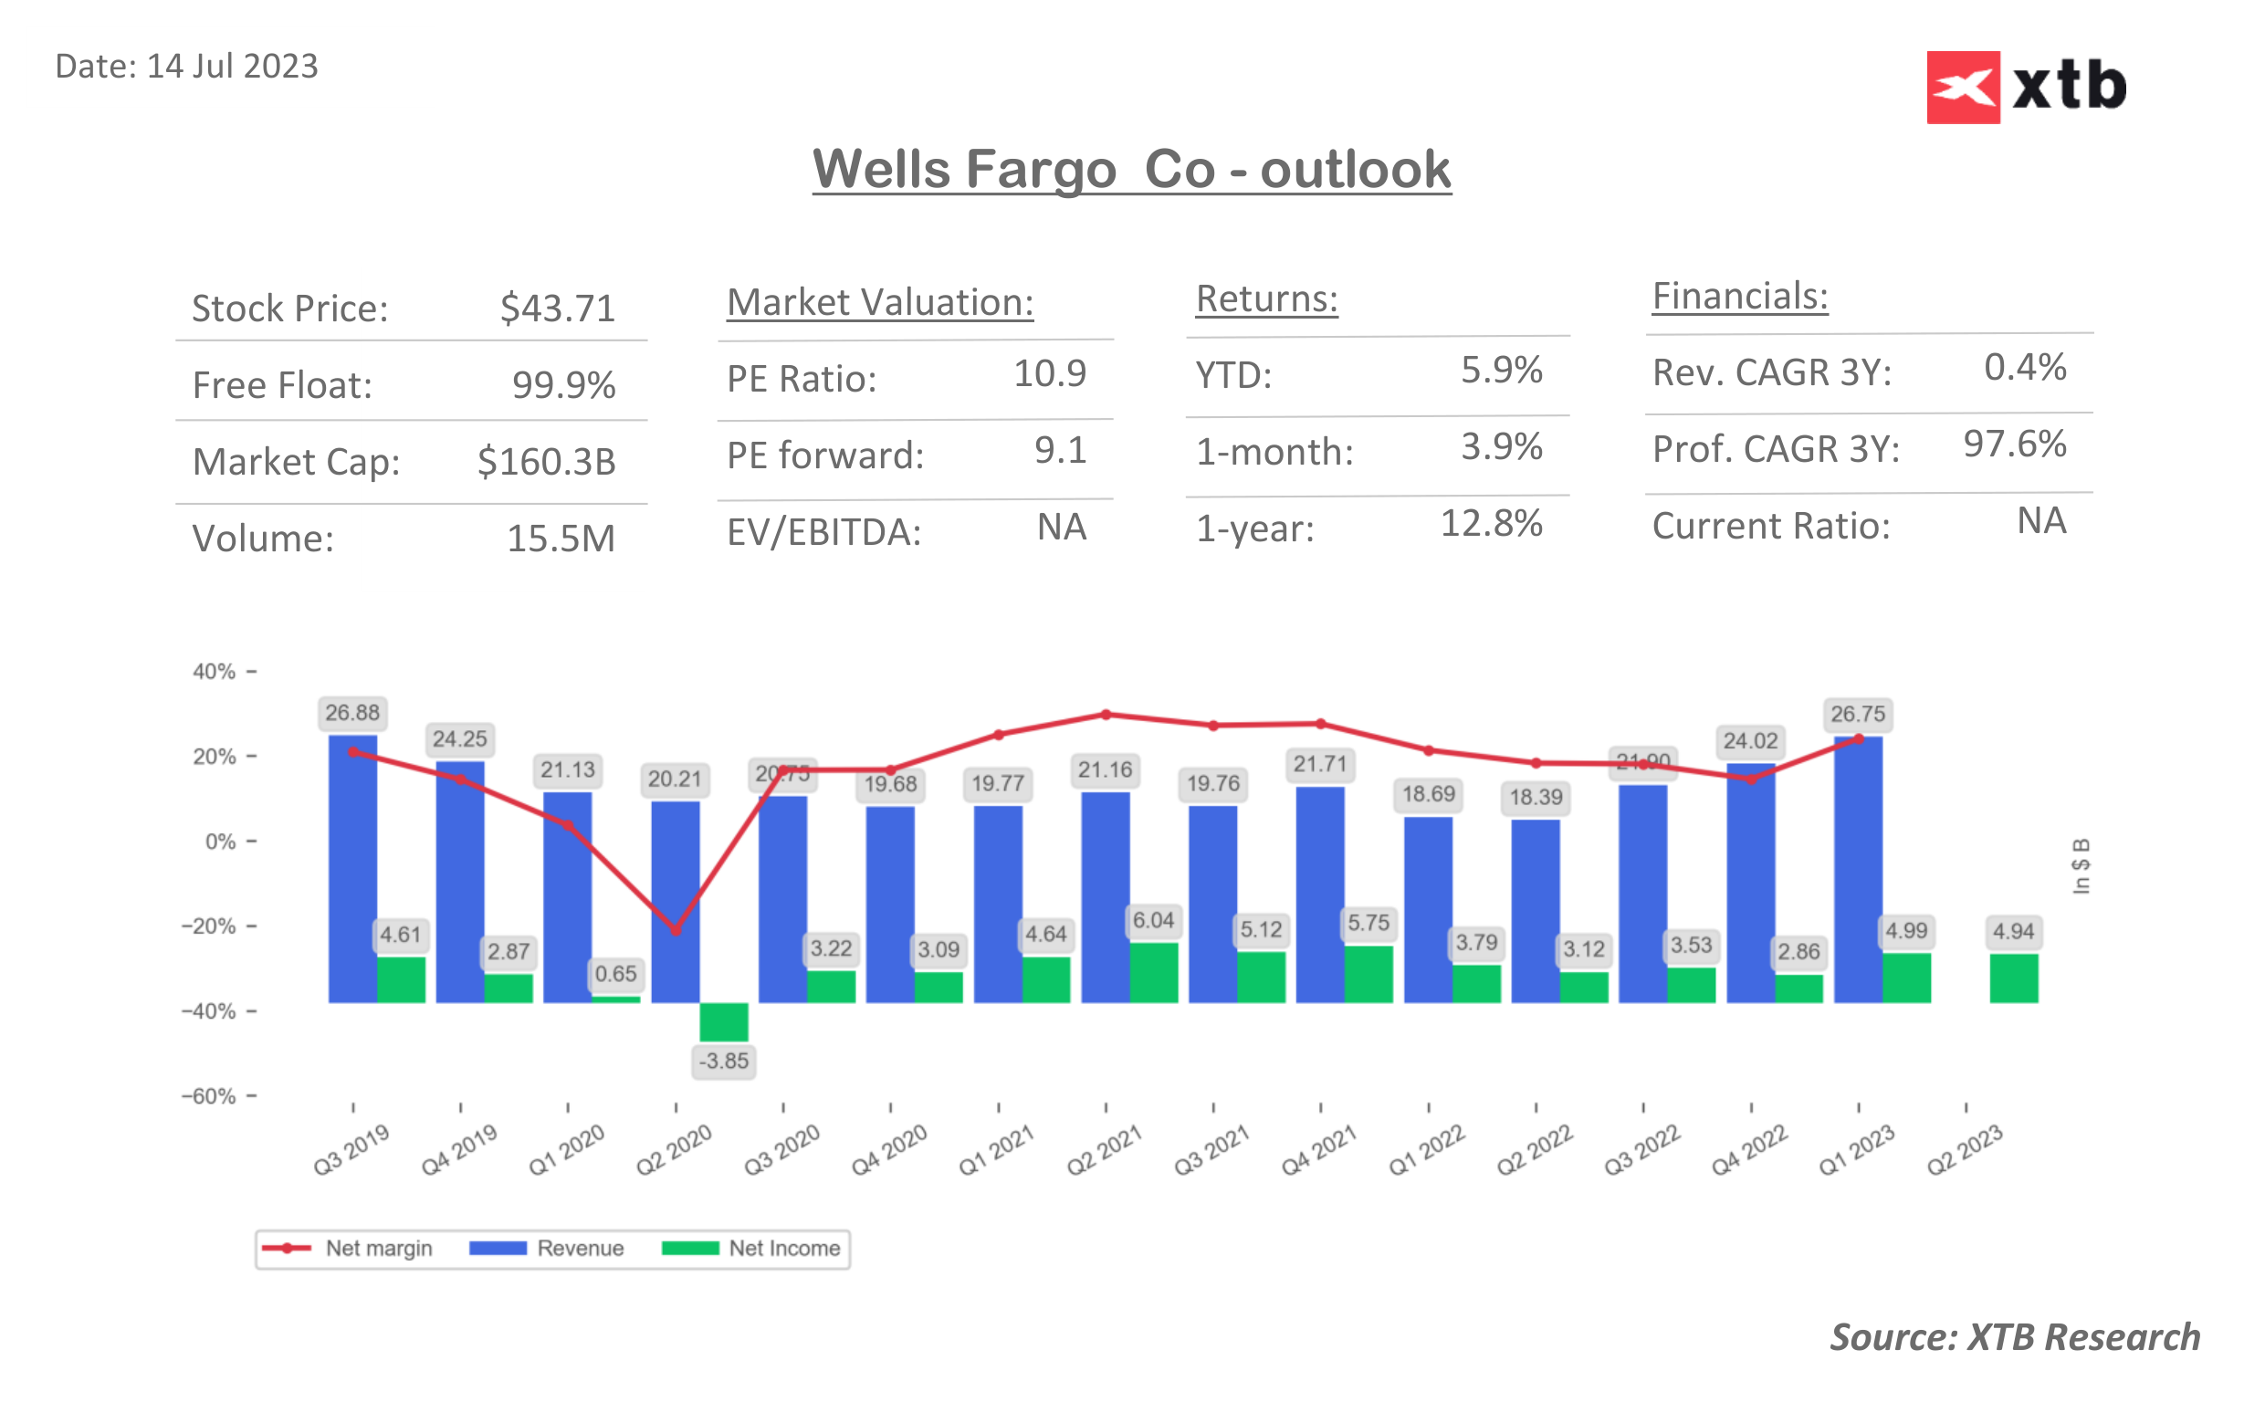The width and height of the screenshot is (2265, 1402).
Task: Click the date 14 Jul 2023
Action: click(x=232, y=67)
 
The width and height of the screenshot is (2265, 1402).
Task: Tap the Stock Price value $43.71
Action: click(x=557, y=309)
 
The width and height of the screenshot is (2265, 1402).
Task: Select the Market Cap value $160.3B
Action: click(x=546, y=462)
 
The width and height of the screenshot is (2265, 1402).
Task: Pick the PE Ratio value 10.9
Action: click(x=1049, y=373)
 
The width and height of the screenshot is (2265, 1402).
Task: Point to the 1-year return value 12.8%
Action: click(x=1490, y=524)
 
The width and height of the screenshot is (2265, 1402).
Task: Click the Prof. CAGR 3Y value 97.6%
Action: click(x=2014, y=445)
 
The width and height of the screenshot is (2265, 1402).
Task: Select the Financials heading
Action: click(x=1739, y=297)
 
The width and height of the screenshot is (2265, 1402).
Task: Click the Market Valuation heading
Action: click(x=879, y=303)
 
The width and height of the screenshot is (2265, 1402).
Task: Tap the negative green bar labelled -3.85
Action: click(x=723, y=1021)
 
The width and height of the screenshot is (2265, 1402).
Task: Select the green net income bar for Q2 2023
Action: click(x=2013, y=978)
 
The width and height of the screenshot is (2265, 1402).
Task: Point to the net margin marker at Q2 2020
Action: click(x=676, y=930)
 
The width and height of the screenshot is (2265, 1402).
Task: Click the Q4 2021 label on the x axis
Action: click(x=1318, y=1150)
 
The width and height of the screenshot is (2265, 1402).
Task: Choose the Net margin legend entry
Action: click(x=348, y=1248)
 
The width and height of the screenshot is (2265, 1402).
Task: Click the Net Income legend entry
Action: click(x=751, y=1248)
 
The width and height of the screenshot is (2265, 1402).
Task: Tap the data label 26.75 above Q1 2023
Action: click(x=1857, y=714)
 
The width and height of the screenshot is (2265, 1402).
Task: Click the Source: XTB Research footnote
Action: click(x=2014, y=1337)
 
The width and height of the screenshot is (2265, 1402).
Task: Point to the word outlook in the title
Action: click(x=1355, y=170)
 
